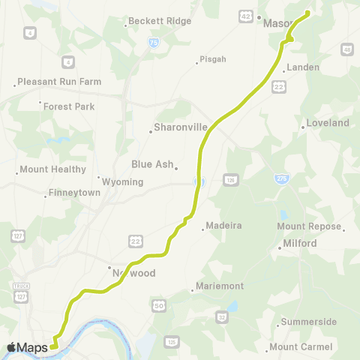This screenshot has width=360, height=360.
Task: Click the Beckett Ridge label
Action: (x=160, y=22)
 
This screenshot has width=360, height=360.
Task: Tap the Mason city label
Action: (x=277, y=23)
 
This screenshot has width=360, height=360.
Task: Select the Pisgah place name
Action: (x=208, y=61)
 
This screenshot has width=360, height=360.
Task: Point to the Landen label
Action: (x=303, y=67)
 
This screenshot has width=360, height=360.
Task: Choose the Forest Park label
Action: (x=69, y=106)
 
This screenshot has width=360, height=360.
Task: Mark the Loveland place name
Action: (x=328, y=123)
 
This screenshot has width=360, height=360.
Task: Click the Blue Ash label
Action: (x=152, y=164)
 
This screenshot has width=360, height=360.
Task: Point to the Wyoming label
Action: (x=122, y=181)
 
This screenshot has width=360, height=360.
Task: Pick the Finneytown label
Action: (x=73, y=193)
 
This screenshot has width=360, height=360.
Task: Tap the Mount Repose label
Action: (x=309, y=226)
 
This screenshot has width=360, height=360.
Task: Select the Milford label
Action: (x=300, y=244)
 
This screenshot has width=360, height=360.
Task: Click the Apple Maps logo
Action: (x=28, y=347)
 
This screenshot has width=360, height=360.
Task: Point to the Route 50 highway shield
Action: (x=158, y=305)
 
